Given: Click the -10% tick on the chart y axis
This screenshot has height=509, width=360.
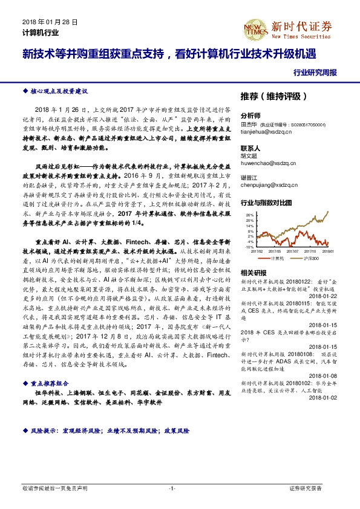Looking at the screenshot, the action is pos(249,247).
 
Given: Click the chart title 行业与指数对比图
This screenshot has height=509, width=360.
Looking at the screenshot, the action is pos(266,202).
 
